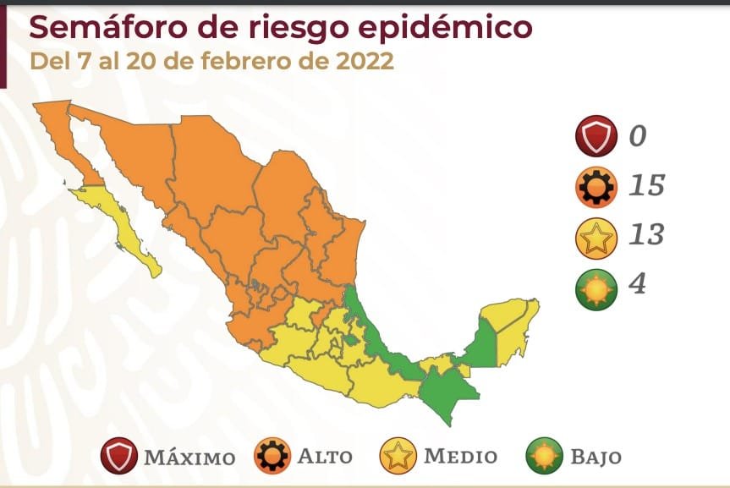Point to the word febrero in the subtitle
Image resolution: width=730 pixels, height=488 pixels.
(254, 63)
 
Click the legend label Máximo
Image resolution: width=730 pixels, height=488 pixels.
(189, 458)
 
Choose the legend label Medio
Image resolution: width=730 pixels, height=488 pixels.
(460, 457)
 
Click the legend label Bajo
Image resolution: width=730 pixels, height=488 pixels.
(596, 457)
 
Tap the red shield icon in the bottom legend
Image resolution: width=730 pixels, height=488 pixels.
(118, 457)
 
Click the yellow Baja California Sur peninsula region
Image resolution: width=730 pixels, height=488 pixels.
(126, 228)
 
